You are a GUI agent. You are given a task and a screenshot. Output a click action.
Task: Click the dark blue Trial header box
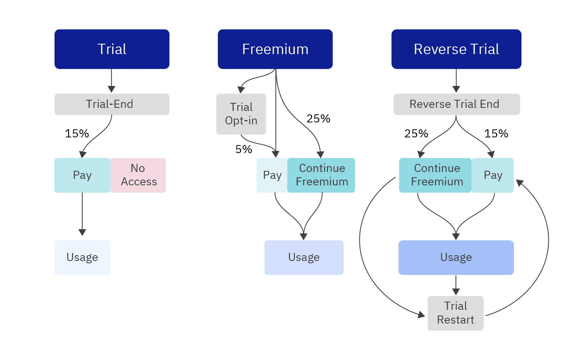(112, 49)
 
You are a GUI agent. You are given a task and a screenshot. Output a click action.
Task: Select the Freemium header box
(275, 49)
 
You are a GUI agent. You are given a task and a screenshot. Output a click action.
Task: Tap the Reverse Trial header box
(456, 49)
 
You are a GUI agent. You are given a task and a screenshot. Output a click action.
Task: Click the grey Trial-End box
(112, 104)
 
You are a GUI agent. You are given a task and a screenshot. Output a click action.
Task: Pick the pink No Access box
(138, 175)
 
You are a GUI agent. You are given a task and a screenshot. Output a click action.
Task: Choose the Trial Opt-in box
(241, 114)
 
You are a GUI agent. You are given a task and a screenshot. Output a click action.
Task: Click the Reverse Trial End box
(457, 104)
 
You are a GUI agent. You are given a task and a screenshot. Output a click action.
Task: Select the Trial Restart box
(455, 313)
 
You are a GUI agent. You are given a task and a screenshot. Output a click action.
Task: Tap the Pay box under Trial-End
(82, 175)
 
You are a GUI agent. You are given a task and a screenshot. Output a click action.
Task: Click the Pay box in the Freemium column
(272, 175)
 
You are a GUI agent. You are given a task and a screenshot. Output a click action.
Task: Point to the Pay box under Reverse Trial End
(493, 175)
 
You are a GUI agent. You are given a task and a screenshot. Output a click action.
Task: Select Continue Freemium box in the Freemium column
(321, 175)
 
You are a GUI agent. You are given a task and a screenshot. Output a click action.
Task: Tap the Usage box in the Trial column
(82, 257)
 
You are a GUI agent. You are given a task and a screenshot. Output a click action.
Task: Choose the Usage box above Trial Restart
(456, 257)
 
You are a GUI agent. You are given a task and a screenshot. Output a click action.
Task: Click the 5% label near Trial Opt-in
(243, 149)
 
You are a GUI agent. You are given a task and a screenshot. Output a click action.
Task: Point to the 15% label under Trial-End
(77, 134)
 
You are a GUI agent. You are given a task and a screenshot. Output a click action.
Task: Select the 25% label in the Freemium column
(318, 119)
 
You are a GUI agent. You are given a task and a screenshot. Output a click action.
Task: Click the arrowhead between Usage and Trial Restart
(456, 291)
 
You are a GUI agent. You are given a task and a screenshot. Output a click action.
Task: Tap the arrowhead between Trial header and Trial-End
(111, 89)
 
